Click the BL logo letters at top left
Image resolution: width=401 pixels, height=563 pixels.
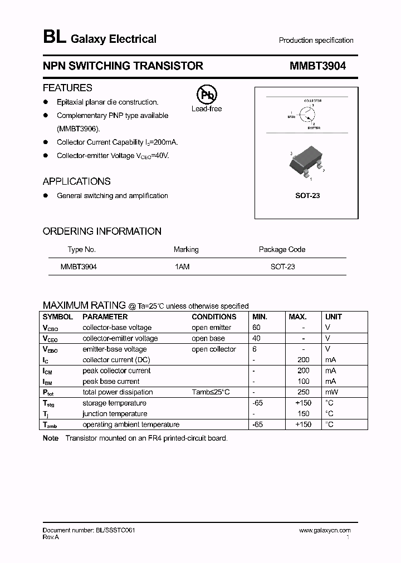click(54, 38)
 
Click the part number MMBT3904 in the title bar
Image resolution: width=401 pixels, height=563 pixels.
click(317, 66)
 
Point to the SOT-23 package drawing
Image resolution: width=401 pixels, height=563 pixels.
click(306, 164)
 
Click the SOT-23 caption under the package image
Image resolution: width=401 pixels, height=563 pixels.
click(307, 196)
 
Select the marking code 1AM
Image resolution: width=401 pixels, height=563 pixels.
click(182, 266)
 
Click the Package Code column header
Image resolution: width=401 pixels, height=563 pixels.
click(282, 249)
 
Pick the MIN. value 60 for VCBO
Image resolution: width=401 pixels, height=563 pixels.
click(256, 328)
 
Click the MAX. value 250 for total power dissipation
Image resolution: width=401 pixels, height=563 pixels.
click(303, 392)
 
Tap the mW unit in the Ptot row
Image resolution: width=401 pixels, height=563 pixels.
click(331, 392)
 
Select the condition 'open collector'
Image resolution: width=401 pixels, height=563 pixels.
click(214, 349)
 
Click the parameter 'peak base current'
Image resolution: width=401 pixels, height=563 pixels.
click(111, 382)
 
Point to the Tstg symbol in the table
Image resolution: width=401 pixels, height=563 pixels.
click(48, 403)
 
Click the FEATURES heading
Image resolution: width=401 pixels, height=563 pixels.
click(67, 88)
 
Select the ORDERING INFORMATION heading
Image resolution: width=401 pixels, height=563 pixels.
click(102, 231)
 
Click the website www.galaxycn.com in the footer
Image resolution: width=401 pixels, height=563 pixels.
click(325, 531)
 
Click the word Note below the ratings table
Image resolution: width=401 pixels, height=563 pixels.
click(51, 438)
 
